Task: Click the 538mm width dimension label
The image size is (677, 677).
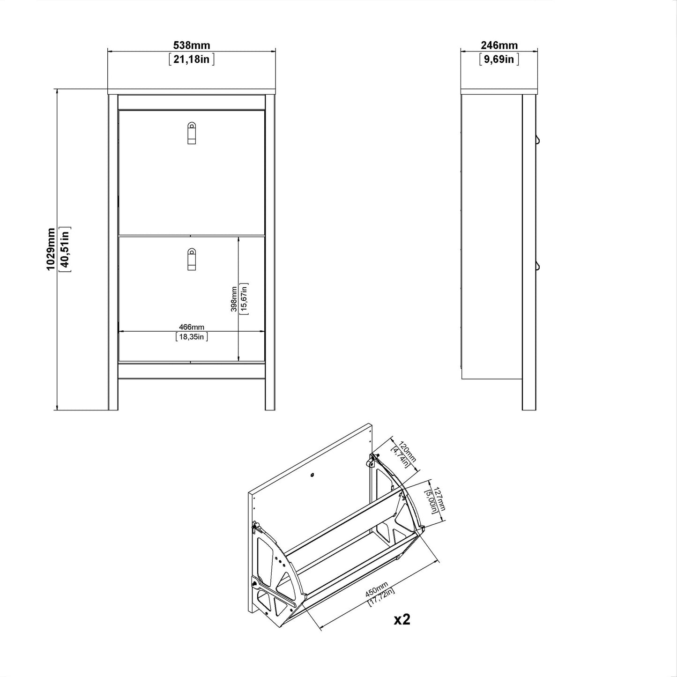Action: coord(192,45)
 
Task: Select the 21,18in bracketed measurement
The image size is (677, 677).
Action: coord(192,59)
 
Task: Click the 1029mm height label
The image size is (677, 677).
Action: coord(51,249)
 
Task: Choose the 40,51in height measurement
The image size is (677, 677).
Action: coord(65,249)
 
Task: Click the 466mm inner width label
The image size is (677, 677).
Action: coord(192,327)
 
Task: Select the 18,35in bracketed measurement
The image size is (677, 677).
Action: coord(192,336)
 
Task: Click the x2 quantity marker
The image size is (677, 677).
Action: coord(402,619)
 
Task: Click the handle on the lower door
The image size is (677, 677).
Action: coord(191,259)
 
